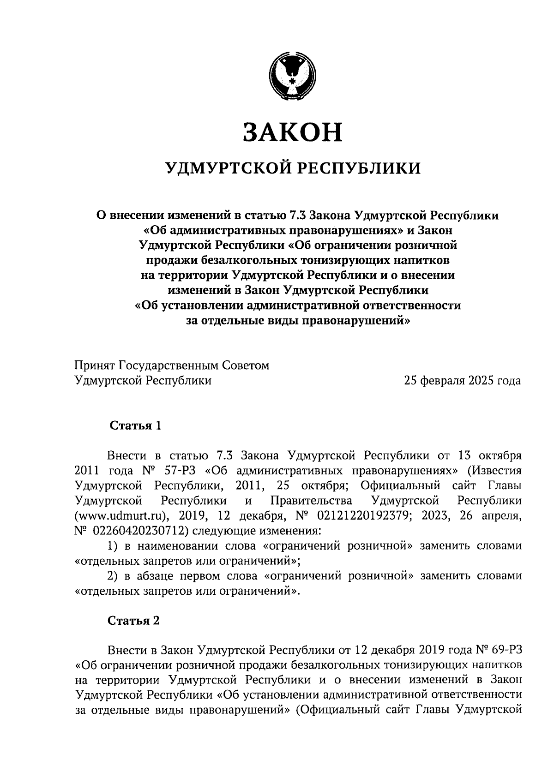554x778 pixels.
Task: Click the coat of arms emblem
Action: pos(292,75)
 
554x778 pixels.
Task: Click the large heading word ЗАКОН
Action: pos(292,132)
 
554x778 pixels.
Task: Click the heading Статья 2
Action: pos(133,621)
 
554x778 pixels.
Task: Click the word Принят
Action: pos(95,365)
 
